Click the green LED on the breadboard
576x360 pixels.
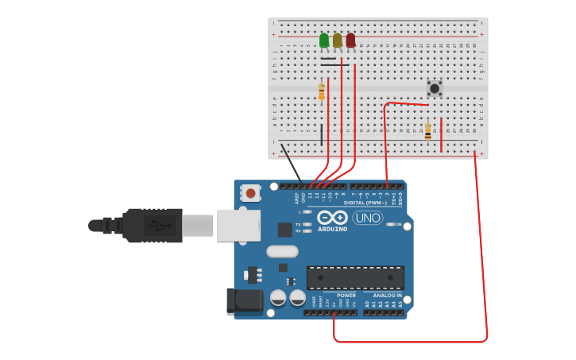(324, 41)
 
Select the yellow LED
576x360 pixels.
(338, 41)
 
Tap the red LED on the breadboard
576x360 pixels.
(350, 41)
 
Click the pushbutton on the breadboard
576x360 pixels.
(434, 87)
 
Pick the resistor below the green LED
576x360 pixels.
(322, 92)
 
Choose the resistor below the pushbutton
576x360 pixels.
(427, 131)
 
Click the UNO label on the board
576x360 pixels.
(368, 218)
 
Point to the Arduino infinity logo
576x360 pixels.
(332, 217)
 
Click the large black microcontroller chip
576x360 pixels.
(355, 277)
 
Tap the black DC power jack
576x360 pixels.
(244, 300)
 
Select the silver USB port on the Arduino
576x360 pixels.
(238, 225)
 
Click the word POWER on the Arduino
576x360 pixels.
(346, 296)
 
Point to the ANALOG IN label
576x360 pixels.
(388, 296)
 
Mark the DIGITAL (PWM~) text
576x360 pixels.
(365, 203)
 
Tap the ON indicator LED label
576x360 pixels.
(398, 225)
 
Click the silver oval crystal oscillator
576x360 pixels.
(282, 252)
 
